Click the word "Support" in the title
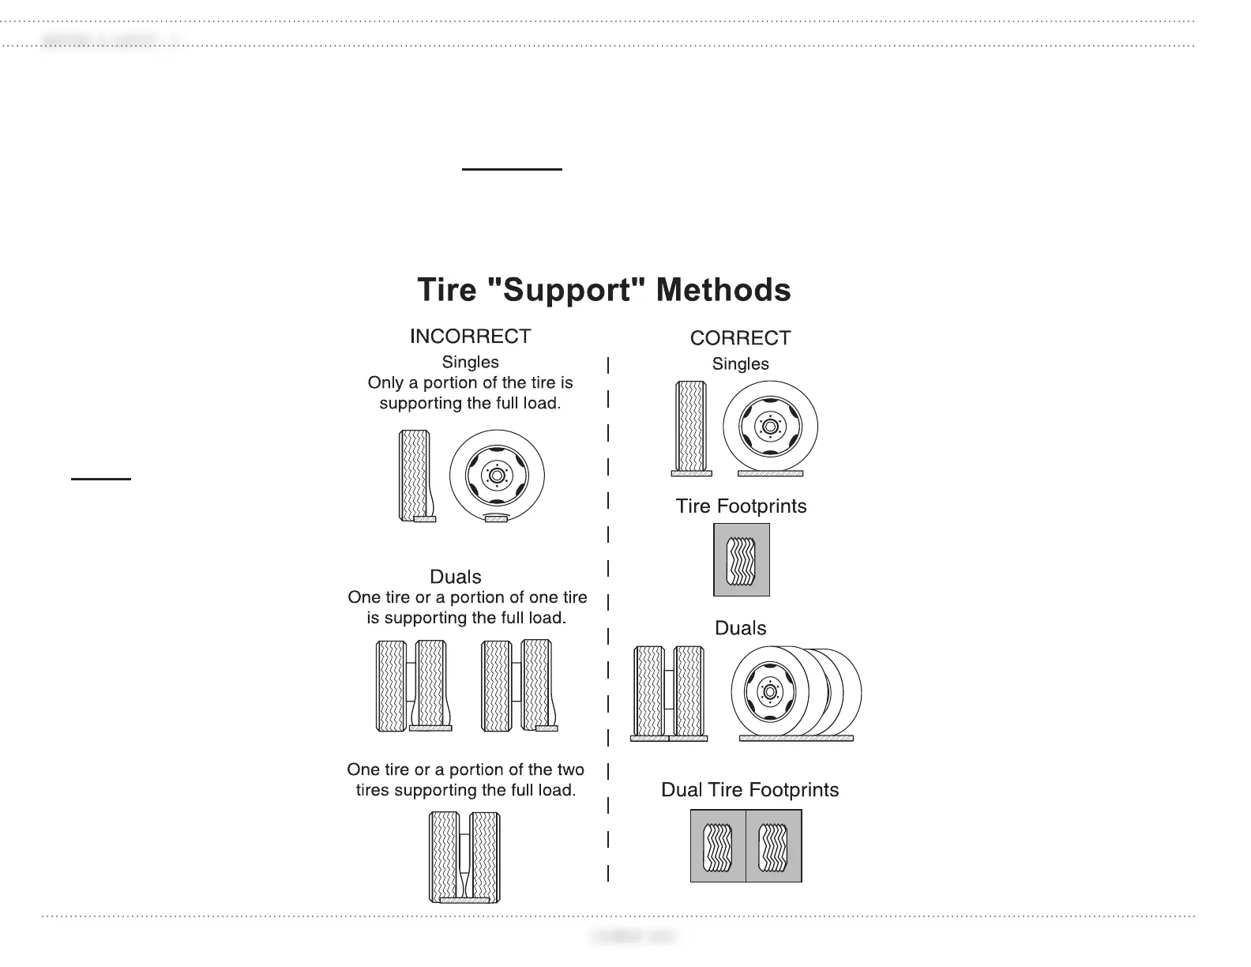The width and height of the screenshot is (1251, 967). click(x=567, y=290)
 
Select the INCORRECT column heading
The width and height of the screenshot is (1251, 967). click(x=470, y=337)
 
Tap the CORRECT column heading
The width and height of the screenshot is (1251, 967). click(x=740, y=338)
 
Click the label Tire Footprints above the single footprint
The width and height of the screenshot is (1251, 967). click(x=741, y=506)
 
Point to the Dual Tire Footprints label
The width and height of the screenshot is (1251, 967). click(x=749, y=790)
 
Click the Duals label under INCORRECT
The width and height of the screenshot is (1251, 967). click(x=456, y=577)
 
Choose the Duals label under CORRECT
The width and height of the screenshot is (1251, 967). click(x=740, y=628)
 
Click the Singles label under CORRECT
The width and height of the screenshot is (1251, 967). click(x=740, y=364)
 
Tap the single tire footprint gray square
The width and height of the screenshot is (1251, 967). click(x=741, y=559)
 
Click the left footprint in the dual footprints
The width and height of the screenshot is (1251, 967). click(x=718, y=845)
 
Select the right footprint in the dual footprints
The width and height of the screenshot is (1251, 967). click(x=774, y=845)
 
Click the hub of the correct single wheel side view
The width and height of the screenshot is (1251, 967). click(x=770, y=427)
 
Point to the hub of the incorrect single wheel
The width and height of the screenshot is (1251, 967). click(x=497, y=476)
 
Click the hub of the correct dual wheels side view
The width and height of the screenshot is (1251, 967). click(x=769, y=692)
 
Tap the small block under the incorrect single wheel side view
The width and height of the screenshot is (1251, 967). click(x=496, y=518)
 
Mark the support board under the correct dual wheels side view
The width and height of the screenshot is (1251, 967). click(x=796, y=739)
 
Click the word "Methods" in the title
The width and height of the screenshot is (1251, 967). click(x=723, y=290)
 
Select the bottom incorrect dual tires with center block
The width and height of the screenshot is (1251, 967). click(x=464, y=857)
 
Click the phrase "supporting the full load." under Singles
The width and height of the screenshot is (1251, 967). click(x=470, y=404)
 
